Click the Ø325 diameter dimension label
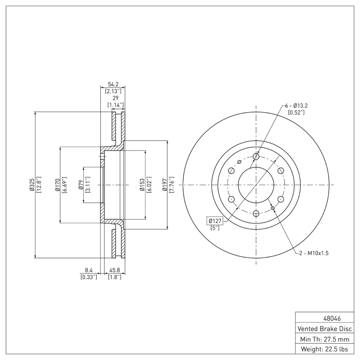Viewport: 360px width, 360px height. tap(32, 185)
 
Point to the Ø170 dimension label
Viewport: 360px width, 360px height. tap(57, 185)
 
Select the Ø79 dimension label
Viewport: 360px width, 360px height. tap(81, 185)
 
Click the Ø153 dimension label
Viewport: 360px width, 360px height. tap(142, 185)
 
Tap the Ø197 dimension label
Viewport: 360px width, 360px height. tap(165, 185)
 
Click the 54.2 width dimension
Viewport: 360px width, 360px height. tap(113, 84)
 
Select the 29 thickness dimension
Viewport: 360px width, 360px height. tap(116, 98)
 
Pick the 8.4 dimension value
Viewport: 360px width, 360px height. tap(89, 270)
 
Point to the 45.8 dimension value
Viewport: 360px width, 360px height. tap(114, 270)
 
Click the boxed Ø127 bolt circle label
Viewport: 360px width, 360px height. tap(215, 220)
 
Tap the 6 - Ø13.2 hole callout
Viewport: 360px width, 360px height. tap(296, 105)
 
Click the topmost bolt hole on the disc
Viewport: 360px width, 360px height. tap(256, 156)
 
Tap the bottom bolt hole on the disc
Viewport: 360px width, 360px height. tap(256, 213)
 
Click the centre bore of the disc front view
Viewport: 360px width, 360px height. tap(256, 185)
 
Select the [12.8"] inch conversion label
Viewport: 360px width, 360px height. tap(39, 185)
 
